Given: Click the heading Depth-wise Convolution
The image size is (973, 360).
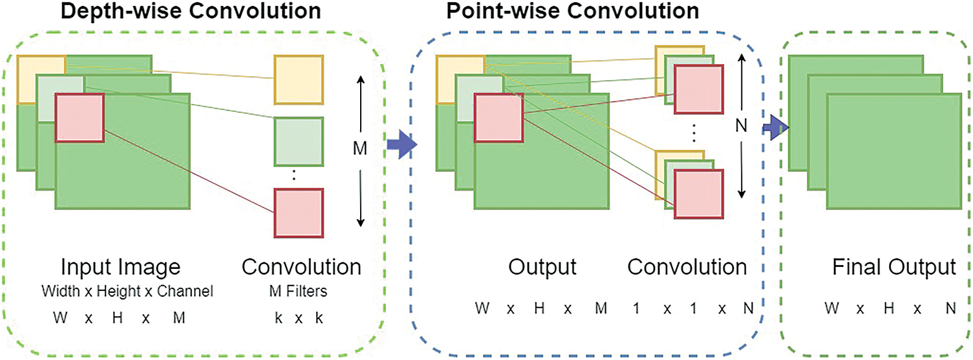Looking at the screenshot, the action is point(191,11).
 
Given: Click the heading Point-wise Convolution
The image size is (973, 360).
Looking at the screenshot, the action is point(573,11).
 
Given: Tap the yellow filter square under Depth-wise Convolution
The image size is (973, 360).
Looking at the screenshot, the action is point(299,80).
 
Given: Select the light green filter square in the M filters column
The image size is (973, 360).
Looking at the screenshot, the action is point(299,142).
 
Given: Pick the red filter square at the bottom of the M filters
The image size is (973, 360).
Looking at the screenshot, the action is point(299,213).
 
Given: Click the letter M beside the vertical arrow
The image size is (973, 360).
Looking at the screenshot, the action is point(359,149).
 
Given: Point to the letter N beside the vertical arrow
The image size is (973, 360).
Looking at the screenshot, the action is point(742,126).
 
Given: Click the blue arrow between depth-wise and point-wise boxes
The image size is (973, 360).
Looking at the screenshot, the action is point(402,145).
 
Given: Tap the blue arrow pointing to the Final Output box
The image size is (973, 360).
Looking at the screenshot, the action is point(776,128).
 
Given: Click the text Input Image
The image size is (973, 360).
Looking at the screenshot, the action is point(120,267).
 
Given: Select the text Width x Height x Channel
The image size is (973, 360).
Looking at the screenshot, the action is point(127,291).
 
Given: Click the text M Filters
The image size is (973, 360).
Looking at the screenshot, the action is point(298,291).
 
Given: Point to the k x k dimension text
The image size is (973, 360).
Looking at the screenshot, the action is point(299,318).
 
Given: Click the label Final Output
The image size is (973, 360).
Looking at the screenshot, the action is point(894,267).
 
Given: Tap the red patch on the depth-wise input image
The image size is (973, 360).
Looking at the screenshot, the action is point(80,118).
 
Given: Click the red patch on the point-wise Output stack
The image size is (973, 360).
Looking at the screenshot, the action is point(498,118).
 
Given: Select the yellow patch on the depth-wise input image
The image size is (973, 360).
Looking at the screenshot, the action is point(41,80).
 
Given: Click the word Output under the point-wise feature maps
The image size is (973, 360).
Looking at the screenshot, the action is point(542,267).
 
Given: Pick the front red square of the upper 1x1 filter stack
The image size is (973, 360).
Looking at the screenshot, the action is point(699,89).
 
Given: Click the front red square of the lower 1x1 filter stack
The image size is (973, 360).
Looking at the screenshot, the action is point(699,194).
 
